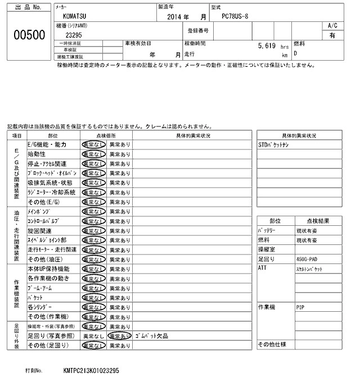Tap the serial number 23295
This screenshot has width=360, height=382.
pyautogui.click(x=76, y=35)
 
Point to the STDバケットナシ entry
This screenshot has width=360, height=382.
pyautogui.click(x=273, y=144)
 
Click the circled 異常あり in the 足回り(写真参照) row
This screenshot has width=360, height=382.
pyautogui.click(x=119, y=335)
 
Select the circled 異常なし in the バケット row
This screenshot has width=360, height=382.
pyautogui.click(x=93, y=297)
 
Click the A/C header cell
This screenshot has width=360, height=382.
pyautogui.click(x=332, y=25)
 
